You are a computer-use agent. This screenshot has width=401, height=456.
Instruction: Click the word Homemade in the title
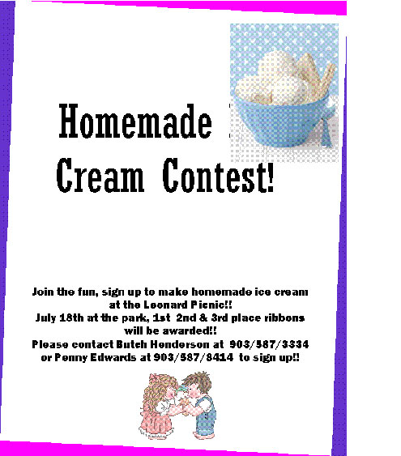(135, 121)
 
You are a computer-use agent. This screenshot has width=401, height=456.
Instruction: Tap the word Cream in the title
(100, 176)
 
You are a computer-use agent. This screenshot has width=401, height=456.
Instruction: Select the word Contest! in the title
(218, 176)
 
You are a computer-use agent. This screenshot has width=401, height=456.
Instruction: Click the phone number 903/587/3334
(269, 344)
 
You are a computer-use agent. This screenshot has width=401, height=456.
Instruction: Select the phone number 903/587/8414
(193, 357)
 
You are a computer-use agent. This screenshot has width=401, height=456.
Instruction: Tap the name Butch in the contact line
(131, 344)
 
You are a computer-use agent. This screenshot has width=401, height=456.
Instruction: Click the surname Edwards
(113, 357)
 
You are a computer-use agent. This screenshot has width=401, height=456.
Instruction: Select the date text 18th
(71, 317)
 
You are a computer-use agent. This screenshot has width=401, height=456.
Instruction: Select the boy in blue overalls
(201, 405)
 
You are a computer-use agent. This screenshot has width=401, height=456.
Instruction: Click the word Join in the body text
(43, 292)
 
